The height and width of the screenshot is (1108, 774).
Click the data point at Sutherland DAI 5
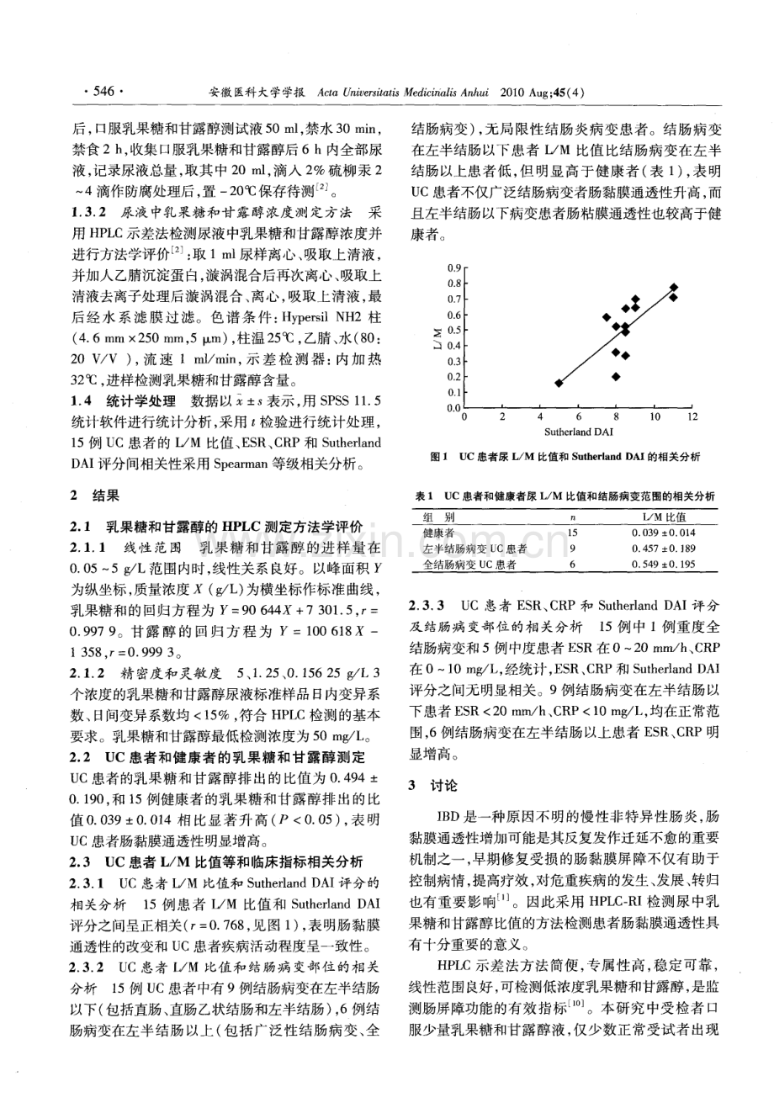point(559,383)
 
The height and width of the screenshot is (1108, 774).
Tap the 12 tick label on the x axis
point(692,416)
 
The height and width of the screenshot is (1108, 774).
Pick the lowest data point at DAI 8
point(616,376)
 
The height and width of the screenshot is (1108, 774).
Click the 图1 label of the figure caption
point(437,457)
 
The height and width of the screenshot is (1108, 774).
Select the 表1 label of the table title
point(425,496)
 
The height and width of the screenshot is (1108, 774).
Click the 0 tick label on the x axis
point(466,416)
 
